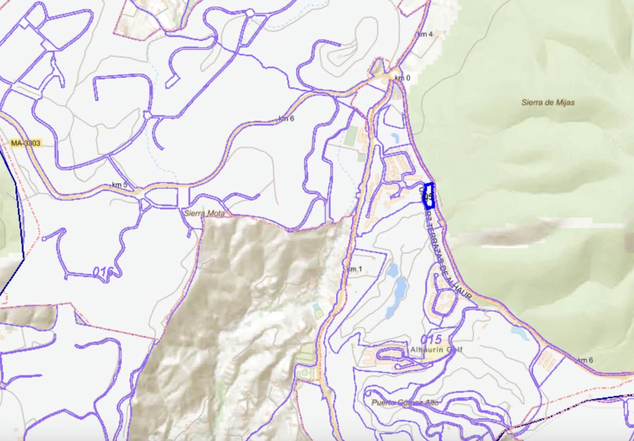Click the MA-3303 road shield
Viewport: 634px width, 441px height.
pyautogui.click(x=26, y=143)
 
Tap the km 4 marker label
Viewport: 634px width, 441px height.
pyautogui.click(x=425, y=34)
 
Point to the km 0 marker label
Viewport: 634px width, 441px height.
pyautogui.click(x=402, y=78)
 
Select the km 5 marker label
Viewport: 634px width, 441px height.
pyautogui.click(x=120, y=185)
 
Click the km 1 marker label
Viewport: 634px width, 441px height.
pyautogui.click(x=354, y=269)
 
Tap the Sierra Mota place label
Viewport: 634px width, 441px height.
pyautogui.click(x=204, y=213)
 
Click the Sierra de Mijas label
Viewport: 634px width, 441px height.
pyautogui.click(x=548, y=102)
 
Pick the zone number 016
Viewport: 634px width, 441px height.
pyautogui.click(x=103, y=272)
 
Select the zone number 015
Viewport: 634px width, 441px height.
pyautogui.click(x=431, y=339)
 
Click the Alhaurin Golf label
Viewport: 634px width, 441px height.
pyautogui.click(x=436, y=350)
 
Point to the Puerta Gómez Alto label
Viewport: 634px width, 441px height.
pyautogui.click(x=405, y=402)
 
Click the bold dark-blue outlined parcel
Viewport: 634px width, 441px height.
pyautogui.click(x=428, y=196)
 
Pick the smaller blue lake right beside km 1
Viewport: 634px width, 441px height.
pyautogui.click(x=392, y=270)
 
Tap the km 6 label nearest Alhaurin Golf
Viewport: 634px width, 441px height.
pyautogui.click(x=585, y=360)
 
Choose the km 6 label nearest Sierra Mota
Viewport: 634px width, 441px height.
pyautogui.click(x=286, y=118)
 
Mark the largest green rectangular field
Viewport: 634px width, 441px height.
pyautogui.click(x=351, y=136)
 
